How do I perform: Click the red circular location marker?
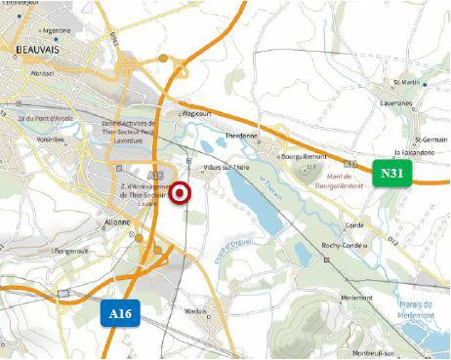tap(181, 194)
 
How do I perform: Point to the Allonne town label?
tap(117, 222)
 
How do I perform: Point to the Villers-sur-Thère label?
tap(226, 168)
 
